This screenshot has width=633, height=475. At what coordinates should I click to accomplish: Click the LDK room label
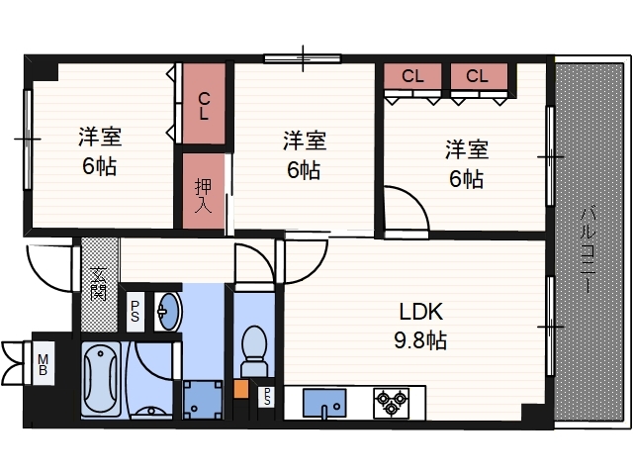coord(420,312)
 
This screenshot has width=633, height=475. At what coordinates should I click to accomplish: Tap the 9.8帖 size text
coord(420,340)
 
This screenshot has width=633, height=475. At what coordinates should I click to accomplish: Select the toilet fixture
coord(254,351)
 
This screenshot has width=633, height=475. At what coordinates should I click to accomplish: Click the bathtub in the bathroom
coord(101,379)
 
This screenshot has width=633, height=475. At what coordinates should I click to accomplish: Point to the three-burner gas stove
coord(392,403)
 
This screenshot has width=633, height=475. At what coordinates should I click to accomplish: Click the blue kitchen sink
coord(324,403)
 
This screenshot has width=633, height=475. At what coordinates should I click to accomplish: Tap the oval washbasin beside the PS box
coord(168,312)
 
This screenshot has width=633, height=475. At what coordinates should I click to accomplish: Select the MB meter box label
coord(43,364)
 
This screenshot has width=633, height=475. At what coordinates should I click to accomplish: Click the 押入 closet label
coord(203,196)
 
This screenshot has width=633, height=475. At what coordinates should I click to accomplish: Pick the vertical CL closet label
coord(205,106)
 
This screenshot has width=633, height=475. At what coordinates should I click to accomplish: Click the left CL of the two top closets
coord(412,76)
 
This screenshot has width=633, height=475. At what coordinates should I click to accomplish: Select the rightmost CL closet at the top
coord(477,76)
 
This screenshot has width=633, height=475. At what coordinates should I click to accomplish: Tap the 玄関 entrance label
coord(99,284)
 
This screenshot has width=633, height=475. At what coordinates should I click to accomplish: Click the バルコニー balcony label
coord(588,248)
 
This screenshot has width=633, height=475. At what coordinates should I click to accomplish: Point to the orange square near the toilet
coord(240,388)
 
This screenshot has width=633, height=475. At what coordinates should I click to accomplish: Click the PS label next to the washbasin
coord(136,312)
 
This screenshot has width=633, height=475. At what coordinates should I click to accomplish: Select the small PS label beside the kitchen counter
coord(267,396)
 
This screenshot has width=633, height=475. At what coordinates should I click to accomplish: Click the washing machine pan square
coord(203,400)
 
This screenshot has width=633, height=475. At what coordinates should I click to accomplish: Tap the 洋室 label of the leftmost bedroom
coord(100,137)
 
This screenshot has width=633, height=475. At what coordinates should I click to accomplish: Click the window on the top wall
coord(303,59)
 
